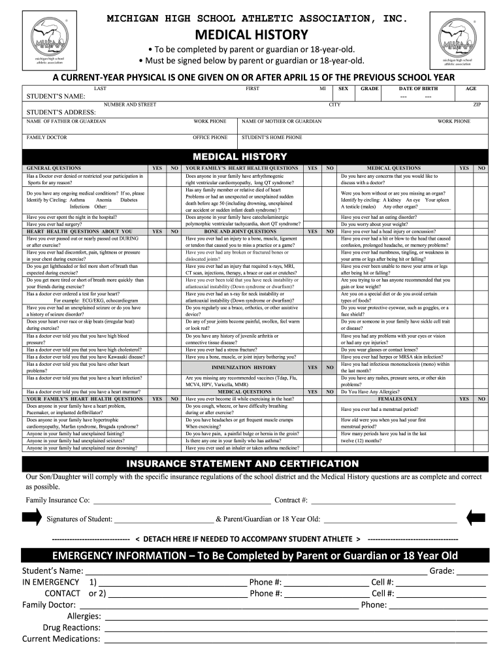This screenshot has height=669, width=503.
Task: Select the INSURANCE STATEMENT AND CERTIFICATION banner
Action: [x=252, y=463]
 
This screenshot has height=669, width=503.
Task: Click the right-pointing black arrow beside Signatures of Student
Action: [x=31, y=518]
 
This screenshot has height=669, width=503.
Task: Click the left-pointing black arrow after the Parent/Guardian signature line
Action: [x=476, y=518]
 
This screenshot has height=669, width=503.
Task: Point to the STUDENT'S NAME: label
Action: [x=56, y=97]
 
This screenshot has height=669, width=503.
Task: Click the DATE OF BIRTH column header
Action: [x=418, y=88]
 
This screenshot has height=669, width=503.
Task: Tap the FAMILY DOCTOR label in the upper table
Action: [x=46, y=138]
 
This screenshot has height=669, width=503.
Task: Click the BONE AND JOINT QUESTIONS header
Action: [x=240, y=231]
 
